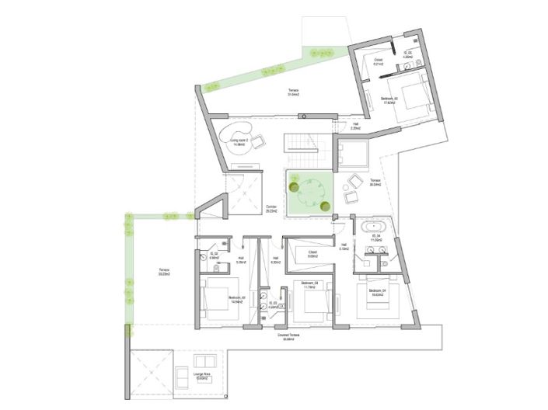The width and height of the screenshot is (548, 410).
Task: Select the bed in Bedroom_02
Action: [x=215, y=301]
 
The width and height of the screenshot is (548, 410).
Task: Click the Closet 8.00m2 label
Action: [x=312, y=254]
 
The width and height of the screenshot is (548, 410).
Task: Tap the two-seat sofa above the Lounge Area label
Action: [x=205, y=363]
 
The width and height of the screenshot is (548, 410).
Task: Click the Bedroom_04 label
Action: [x=378, y=291]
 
